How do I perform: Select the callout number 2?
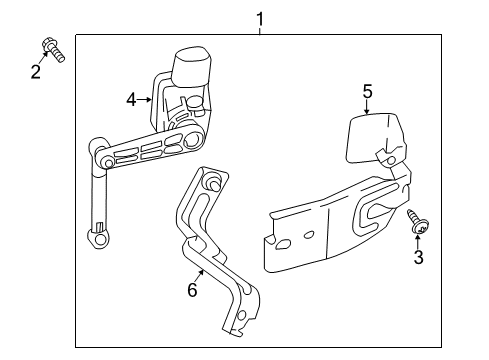point(36,71)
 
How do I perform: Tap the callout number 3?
point(419,258)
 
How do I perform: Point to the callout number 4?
point(132,98)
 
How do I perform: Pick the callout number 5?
point(367,92)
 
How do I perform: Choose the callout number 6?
point(192,290)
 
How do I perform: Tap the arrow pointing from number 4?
point(147,98)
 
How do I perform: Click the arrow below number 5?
point(367,111)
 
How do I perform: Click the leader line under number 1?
point(260,30)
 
